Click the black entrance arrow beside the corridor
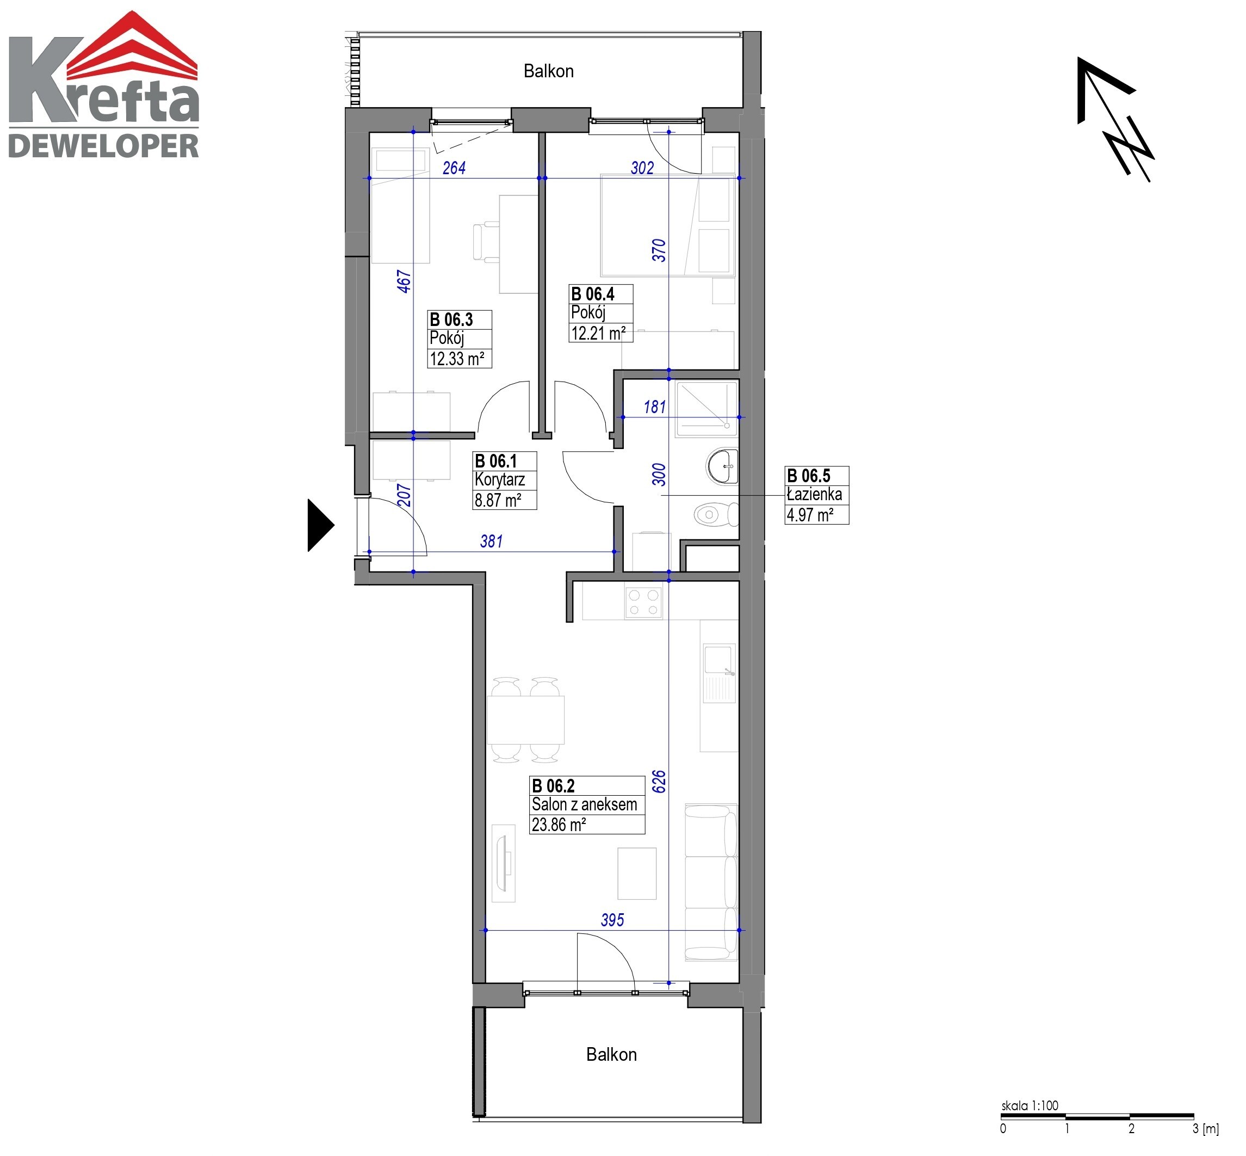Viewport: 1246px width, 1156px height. click(319, 525)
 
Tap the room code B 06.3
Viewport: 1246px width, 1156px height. click(451, 319)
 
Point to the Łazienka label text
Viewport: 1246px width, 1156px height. click(814, 494)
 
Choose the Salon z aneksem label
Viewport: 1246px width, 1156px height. click(584, 804)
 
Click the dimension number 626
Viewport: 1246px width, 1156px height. click(659, 782)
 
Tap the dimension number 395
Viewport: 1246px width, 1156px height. click(612, 920)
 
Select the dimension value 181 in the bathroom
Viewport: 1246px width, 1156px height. click(655, 407)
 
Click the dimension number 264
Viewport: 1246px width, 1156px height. click(454, 168)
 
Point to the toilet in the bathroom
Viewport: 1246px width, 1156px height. click(716, 515)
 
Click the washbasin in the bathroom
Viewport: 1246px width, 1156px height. click(722, 466)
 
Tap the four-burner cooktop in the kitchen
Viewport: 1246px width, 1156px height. click(643, 602)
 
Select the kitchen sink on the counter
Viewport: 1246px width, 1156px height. click(719, 673)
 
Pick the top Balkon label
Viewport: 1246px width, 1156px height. click(548, 71)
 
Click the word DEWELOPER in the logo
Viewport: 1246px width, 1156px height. click(103, 146)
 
